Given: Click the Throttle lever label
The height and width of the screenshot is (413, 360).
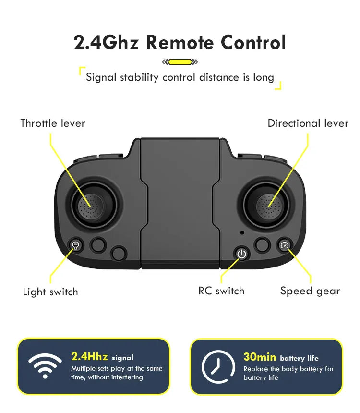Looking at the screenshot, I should pos(53,123).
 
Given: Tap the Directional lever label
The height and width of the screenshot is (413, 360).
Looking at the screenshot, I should pos(308,123).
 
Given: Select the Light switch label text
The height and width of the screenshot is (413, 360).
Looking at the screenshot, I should pos(50,292).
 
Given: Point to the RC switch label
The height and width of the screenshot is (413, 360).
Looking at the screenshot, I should pos(221,291).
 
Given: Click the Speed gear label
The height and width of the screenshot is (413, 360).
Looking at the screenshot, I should pos(310,291).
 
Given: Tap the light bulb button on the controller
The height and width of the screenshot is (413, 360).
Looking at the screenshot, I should pos(75,245).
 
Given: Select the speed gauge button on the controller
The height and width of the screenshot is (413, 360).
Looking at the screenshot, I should pos(284,245).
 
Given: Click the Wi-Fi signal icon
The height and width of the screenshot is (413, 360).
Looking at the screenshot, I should pos(45,366).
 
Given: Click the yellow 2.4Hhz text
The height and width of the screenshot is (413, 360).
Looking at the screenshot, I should pos(89,356).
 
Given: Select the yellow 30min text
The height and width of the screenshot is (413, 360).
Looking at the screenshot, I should pos(260,356).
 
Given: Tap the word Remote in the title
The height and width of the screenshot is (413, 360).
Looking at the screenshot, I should pos(180,42).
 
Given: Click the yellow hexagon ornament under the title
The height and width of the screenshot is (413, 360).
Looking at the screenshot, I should pos(180,61).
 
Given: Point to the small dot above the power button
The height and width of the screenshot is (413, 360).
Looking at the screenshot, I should pos(242,233).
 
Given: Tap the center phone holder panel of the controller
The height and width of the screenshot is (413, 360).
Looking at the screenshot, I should pos(180,202).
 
